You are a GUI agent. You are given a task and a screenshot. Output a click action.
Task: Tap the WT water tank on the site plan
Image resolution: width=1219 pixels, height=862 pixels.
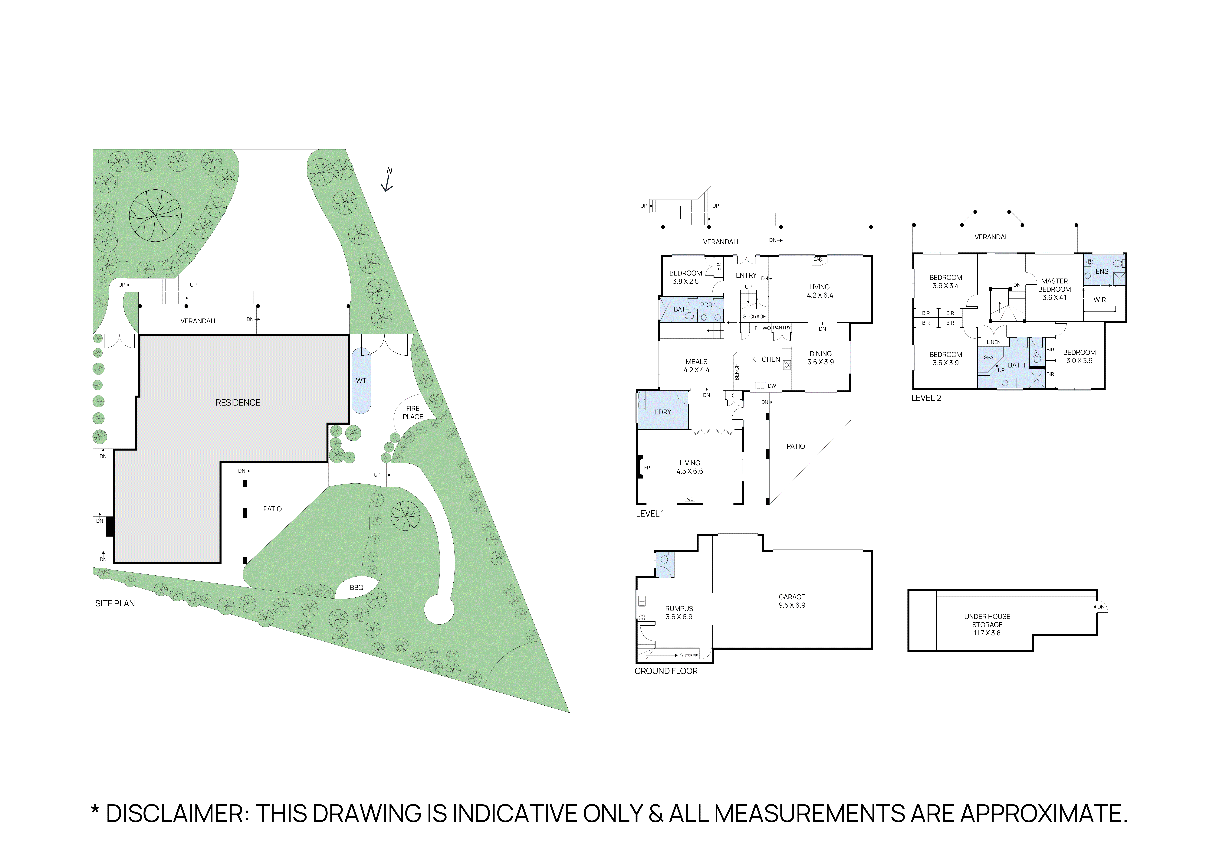coord(361,381)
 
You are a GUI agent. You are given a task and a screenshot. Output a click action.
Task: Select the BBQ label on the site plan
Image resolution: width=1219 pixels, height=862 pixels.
coord(356,588)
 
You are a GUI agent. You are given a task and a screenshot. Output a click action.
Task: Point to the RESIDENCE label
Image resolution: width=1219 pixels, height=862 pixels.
coord(238,403)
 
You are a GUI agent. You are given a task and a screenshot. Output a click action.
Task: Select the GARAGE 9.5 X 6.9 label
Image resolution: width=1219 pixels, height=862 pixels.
coord(792,601)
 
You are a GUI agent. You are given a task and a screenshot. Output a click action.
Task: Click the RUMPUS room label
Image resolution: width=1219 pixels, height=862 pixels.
coord(679,612)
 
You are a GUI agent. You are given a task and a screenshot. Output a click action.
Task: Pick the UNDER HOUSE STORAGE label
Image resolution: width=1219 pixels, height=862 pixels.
coord(987,624)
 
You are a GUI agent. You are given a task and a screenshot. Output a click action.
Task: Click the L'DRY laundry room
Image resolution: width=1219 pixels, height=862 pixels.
coord(663,412)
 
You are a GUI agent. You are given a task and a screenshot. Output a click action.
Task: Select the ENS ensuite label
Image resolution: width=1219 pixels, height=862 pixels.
coord(1102,271)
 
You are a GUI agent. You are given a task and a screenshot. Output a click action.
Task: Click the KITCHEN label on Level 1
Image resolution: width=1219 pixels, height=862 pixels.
coord(766,359)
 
